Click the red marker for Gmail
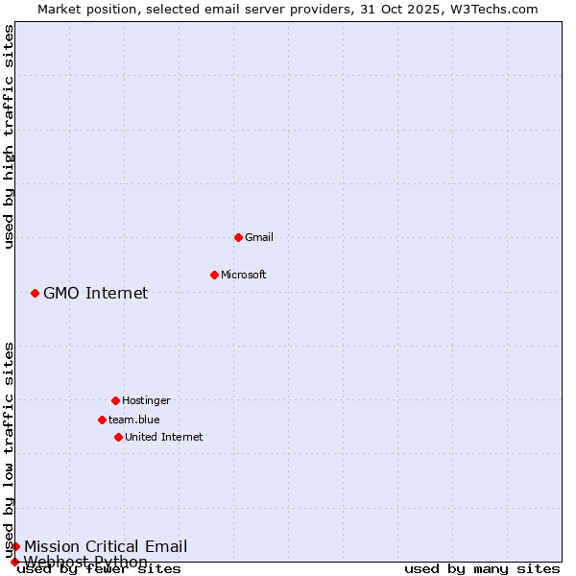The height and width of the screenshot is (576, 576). click(238, 237)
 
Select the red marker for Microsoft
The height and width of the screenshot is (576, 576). click(214, 275)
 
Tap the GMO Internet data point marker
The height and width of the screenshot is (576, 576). click(35, 293)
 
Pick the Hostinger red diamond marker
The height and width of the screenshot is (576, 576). click(115, 400)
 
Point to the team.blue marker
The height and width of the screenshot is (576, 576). click(102, 420)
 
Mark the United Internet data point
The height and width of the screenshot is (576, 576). click(118, 437)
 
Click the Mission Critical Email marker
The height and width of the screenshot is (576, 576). click(15, 546)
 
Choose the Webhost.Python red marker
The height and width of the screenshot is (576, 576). click(14, 562)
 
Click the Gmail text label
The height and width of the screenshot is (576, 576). click(259, 237)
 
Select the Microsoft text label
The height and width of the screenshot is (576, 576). click(244, 275)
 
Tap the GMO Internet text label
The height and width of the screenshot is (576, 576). click(96, 293)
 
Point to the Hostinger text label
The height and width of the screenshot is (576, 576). click(146, 400)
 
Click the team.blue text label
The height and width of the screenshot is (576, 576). click(134, 420)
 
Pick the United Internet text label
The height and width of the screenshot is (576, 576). click(164, 437)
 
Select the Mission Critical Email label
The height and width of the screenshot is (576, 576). click(106, 546)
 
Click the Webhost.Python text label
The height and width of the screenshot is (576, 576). click(86, 562)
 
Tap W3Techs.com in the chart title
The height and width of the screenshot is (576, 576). click(496, 9)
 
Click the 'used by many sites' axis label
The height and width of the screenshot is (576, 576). click(482, 568)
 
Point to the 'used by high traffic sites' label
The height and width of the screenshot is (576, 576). click(9, 136)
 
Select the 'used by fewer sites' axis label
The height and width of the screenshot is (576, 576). click(100, 569)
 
